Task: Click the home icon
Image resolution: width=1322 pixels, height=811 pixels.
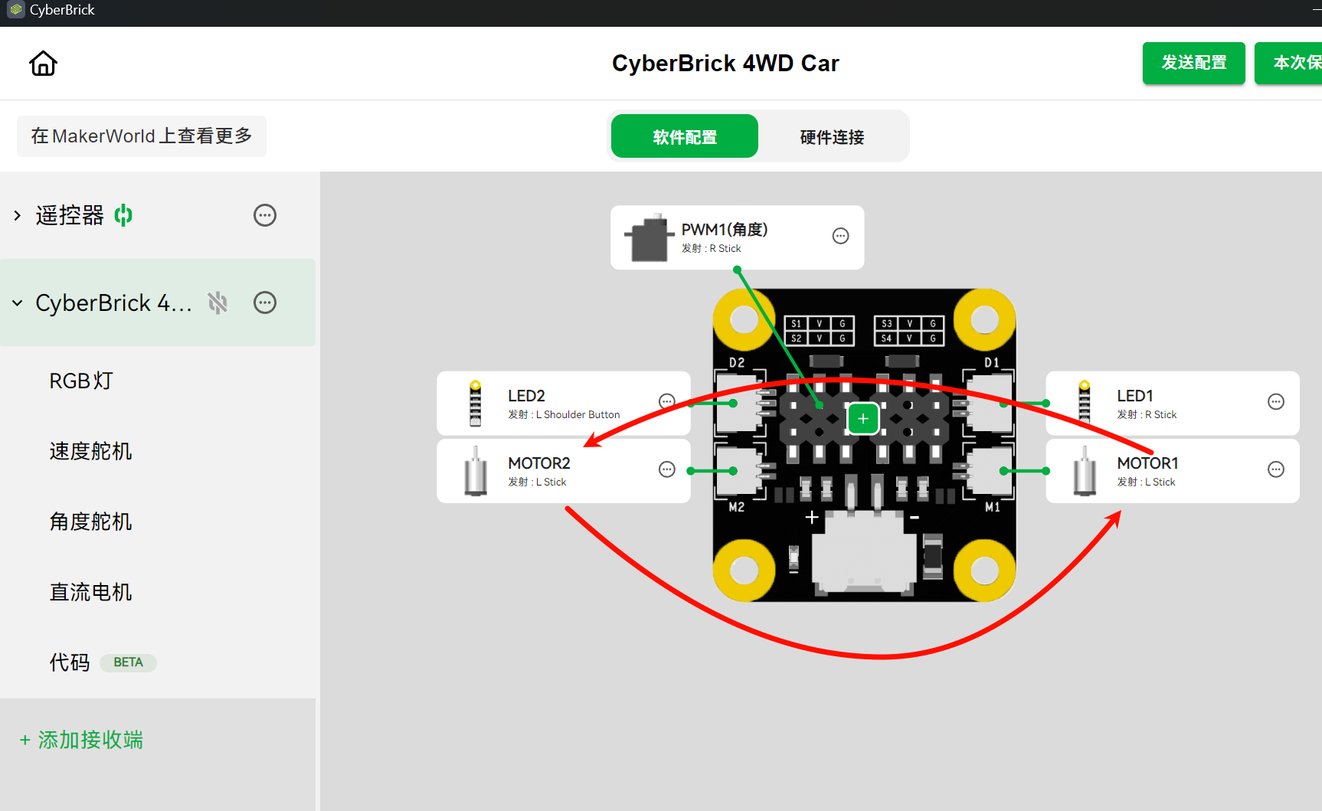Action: pyautogui.click(x=43, y=64)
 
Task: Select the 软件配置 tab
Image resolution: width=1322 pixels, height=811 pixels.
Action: pyautogui.click(x=685, y=136)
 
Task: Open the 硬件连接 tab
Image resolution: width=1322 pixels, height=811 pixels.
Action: pyautogui.click(x=832, y=136)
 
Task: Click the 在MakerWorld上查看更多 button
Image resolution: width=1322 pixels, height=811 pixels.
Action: pyautogui.click(x=142, y=136)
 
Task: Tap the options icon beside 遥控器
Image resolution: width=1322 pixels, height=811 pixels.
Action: pyautogui.click(x=265, y=215)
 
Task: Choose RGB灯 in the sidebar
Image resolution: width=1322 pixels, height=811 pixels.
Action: pyautogui.click(x=81, y=381)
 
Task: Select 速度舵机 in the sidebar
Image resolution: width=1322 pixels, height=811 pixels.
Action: pyautogui.click(x=90, y=451)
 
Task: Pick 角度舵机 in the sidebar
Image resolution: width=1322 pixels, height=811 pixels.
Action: pyautogui.click(x=90, y=522)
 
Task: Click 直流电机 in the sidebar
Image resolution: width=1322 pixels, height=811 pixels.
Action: pyautogui.click(x=90, y=592)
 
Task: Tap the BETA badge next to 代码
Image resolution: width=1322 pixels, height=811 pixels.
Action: pyautogui.click(x=128, y=662)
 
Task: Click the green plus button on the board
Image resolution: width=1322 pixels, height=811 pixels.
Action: pyautogui.click(x=863, y=419)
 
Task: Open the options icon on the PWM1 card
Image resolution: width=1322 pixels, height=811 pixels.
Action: pyautogui.click(x=841, y=236)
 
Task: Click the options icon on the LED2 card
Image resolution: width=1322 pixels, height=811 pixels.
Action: pyautogui.click(x=667, y=401)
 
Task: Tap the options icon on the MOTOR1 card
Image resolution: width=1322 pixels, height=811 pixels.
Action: pyautogui.click(x=1276, y=469)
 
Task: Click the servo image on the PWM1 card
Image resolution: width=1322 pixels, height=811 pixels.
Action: pyautogui.click(x=648, y=238)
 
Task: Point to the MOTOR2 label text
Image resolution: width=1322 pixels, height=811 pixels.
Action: pyautogui.click(x=539, y=463)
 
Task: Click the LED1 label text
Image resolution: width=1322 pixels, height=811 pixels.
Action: pyautogui.click(x=1135, y=396)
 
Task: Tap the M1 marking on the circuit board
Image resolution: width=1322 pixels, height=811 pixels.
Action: pyautogui.click(x=992, y=507)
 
